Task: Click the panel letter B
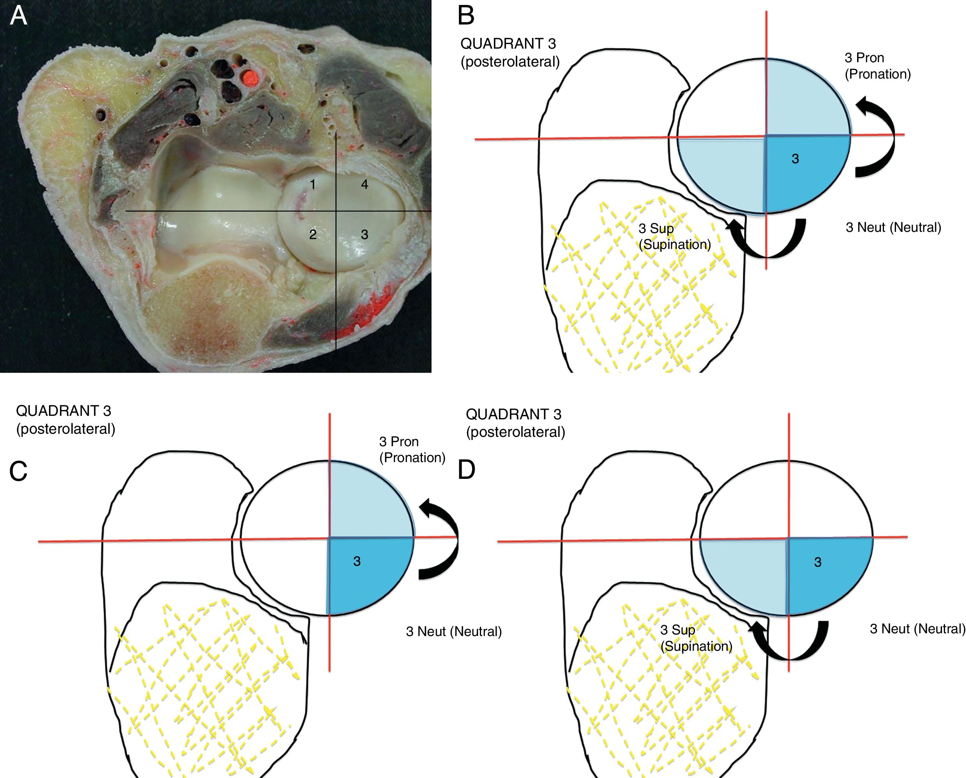[466, 15]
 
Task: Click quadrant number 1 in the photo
[313, 184]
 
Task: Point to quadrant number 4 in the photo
[365, 184]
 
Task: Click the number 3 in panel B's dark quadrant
[795, 159]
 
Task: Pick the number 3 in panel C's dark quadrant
[357, 561]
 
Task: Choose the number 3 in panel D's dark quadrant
[818, 562]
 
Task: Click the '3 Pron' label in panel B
[864, 58]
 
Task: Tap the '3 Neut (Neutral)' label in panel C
[453, 631]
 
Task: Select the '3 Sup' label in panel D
[677, 630]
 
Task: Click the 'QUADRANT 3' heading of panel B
[508, 44]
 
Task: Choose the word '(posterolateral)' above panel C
[66, 429]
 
